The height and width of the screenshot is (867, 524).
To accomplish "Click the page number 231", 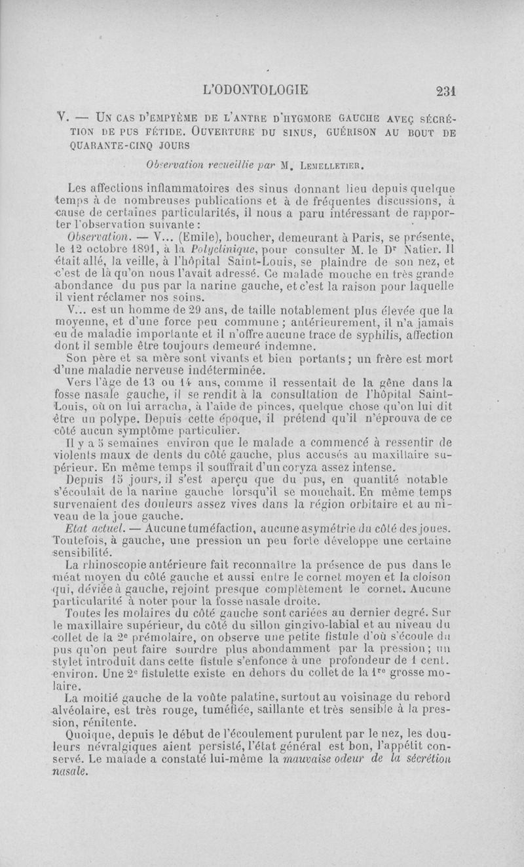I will (451, 91).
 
